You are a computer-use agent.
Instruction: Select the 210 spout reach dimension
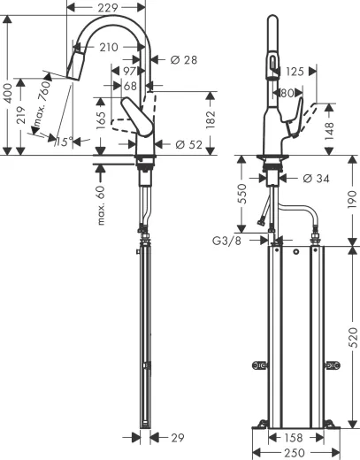(x=111, y=47)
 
